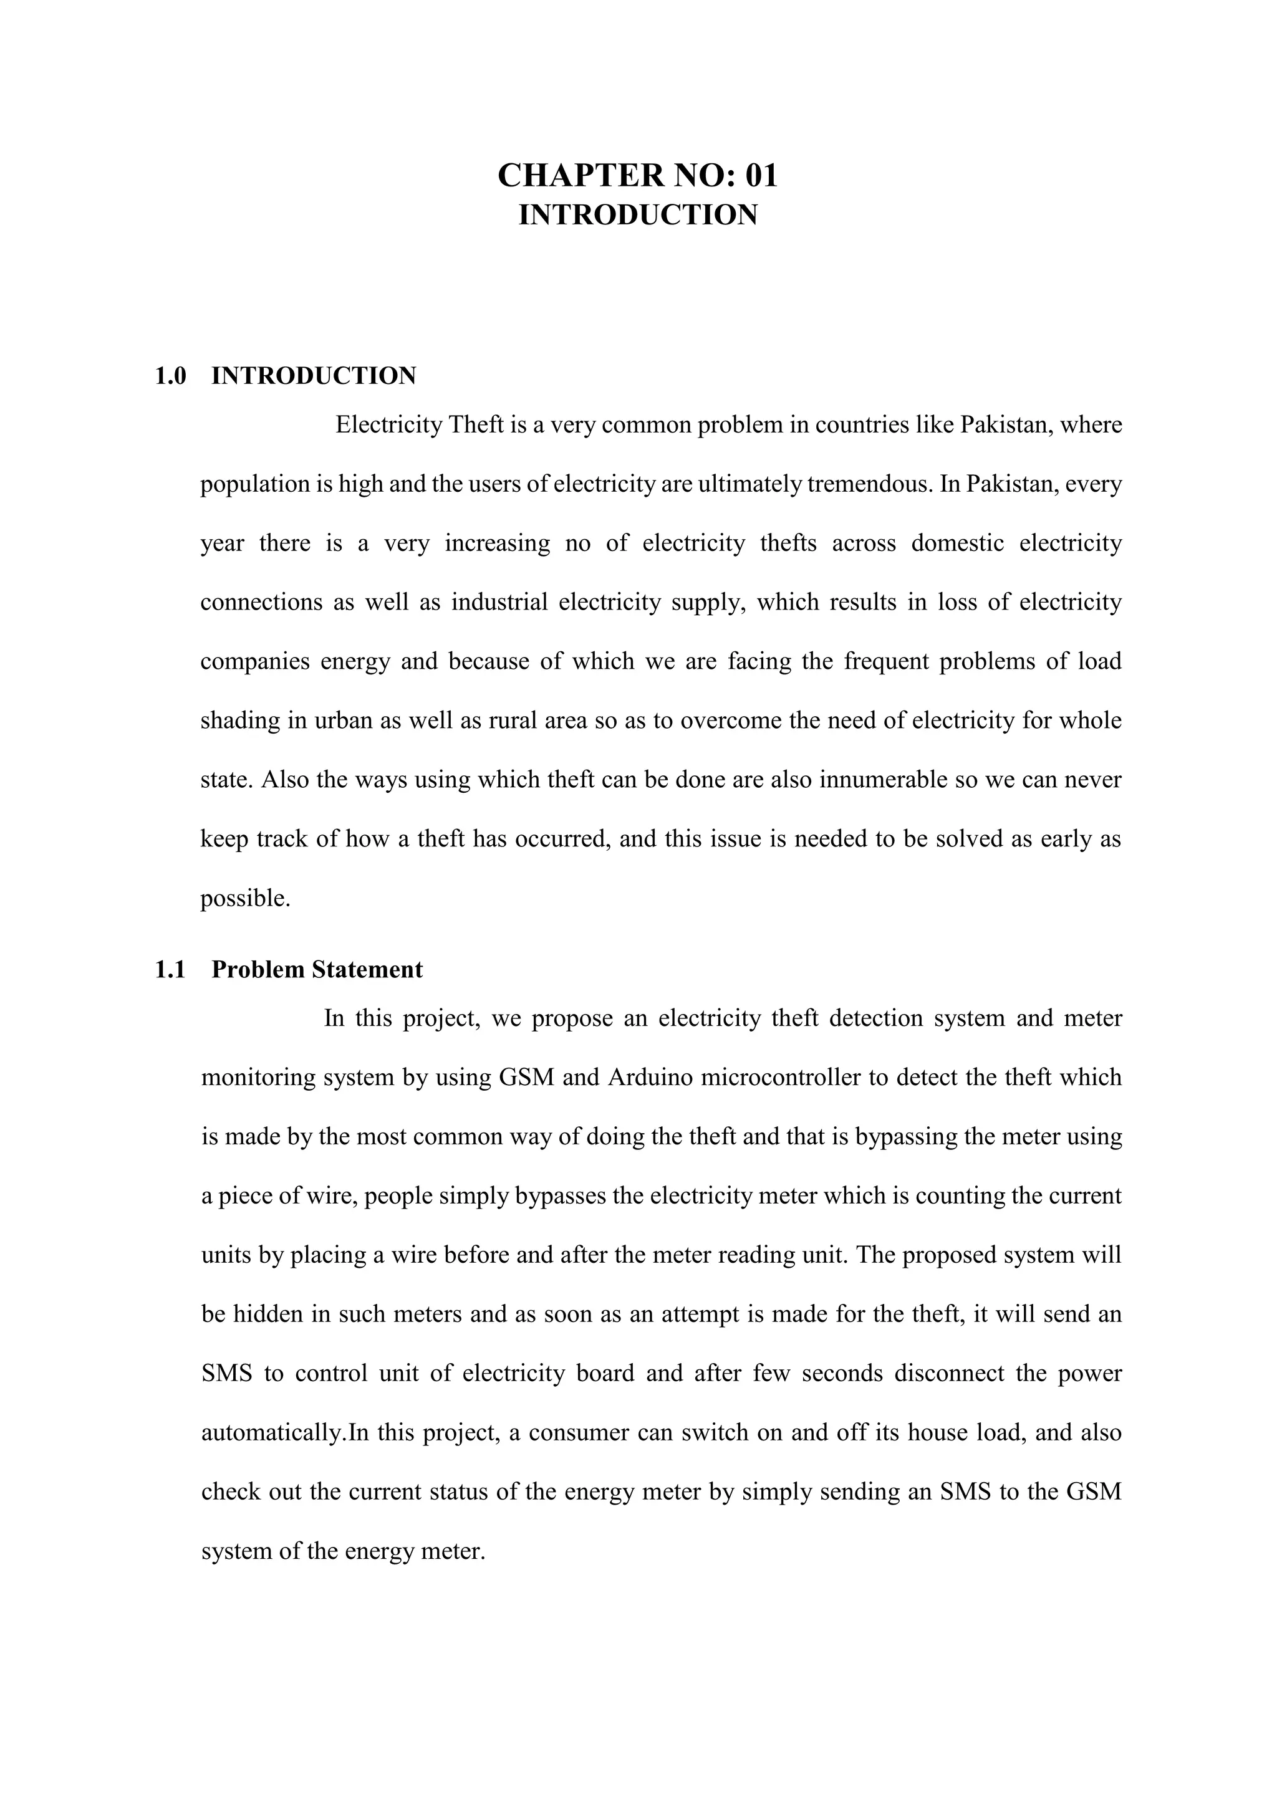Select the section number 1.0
point(171,376)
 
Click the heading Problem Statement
point(317,969)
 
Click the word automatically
point(273,1432)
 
